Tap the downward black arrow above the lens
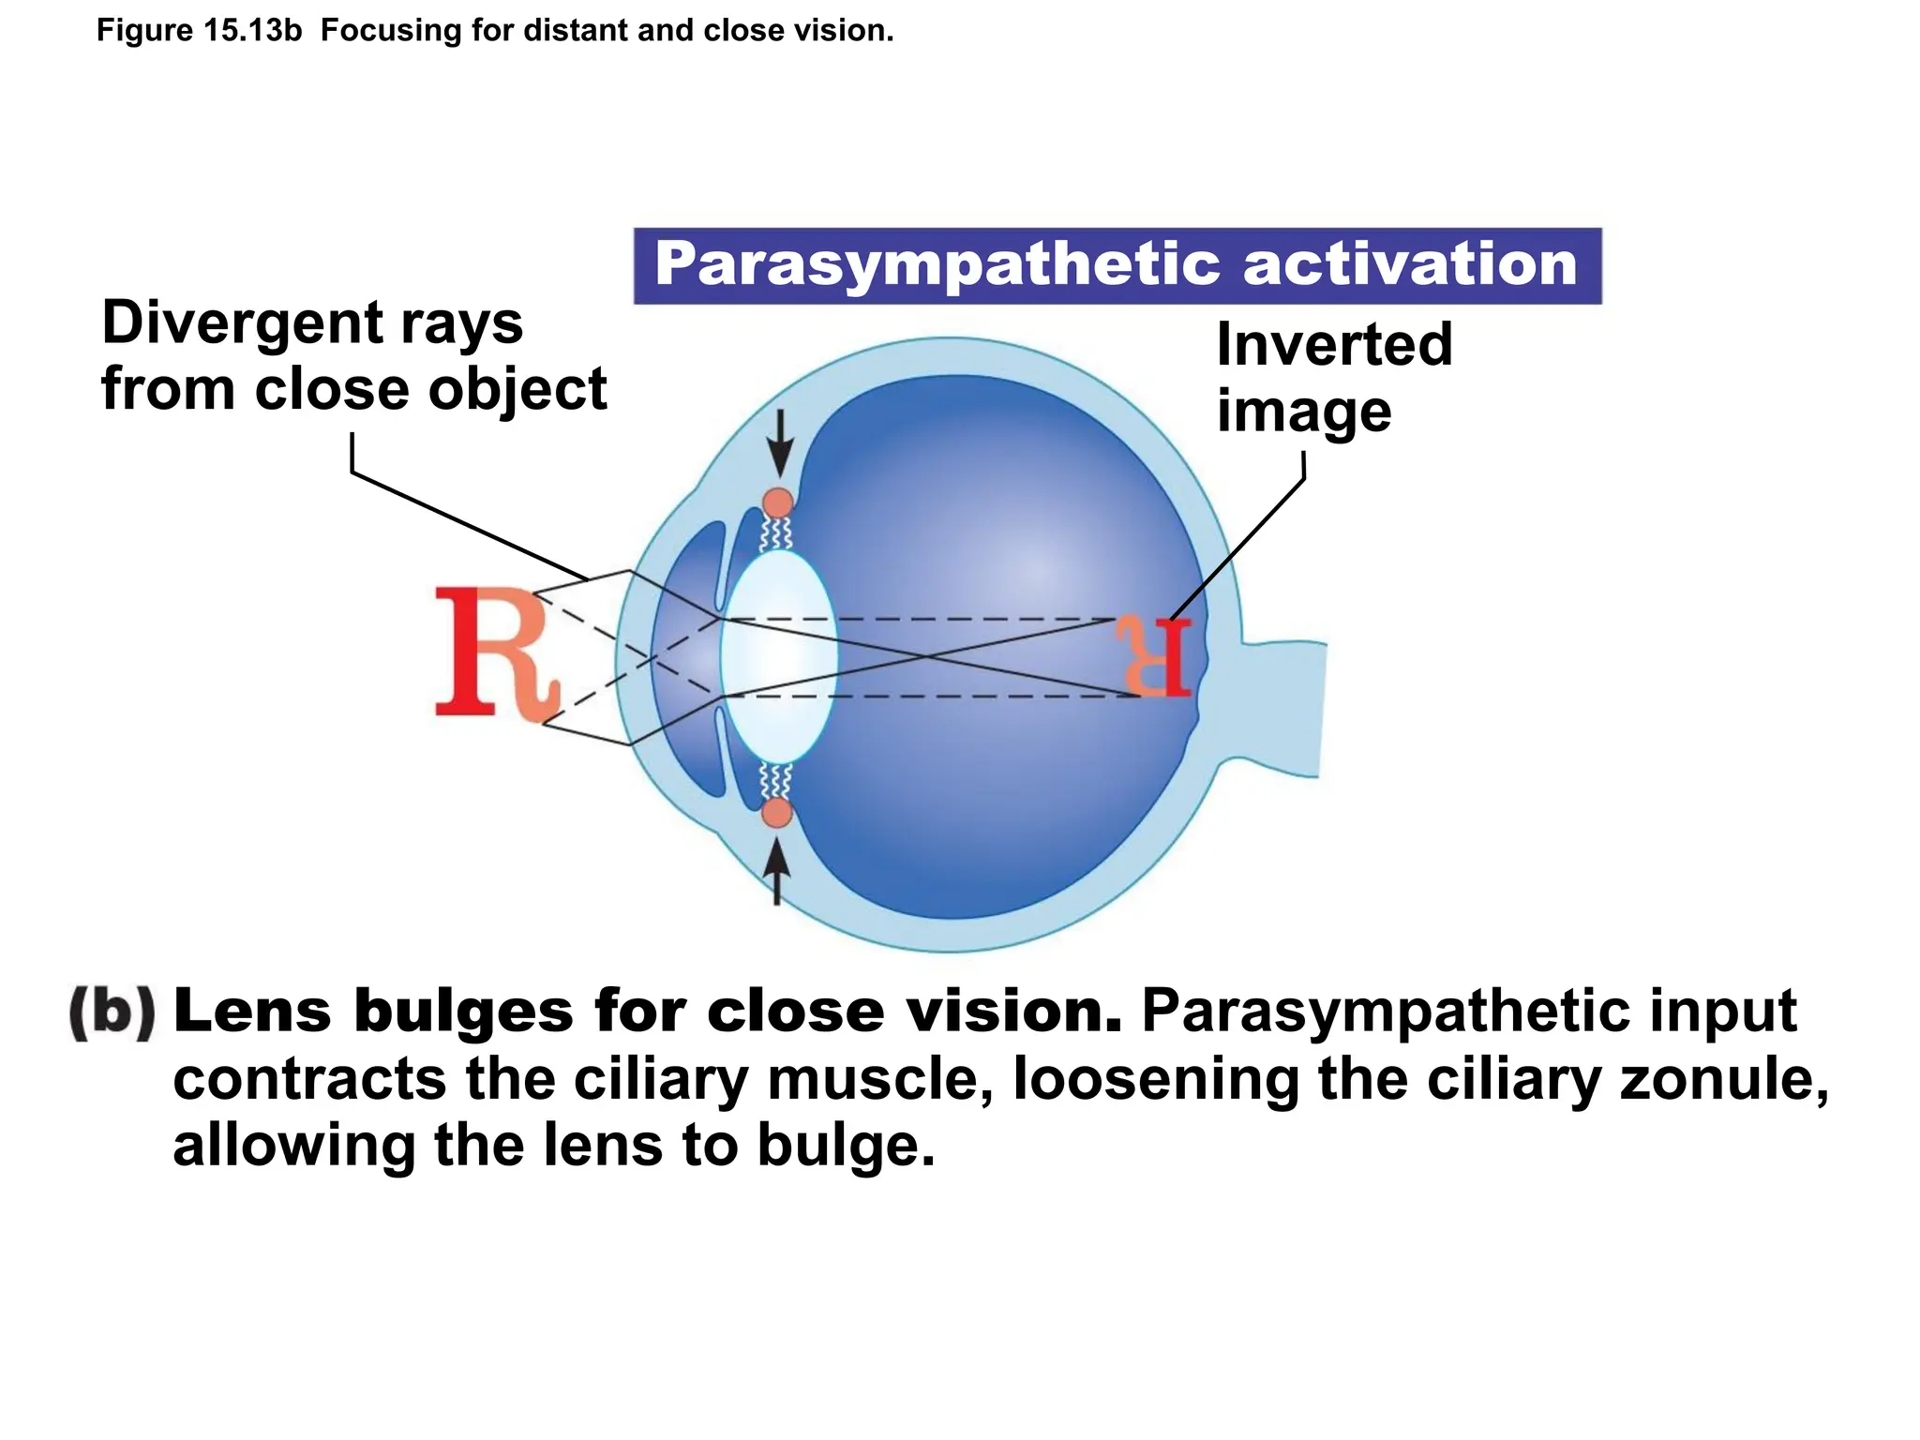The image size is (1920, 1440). click(778, 445)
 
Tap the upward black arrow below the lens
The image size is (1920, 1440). click(775, 870)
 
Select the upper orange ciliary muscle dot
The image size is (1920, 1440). click(778, 503)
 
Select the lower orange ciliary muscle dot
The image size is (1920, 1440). click(777, 812)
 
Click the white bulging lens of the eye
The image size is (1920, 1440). click(778, 656)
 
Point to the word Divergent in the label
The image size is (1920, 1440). click(240, 322)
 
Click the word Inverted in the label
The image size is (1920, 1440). click(1334, 344)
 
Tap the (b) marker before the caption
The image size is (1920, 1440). click(112, 1012)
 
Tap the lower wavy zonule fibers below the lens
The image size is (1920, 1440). click(776, 780)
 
